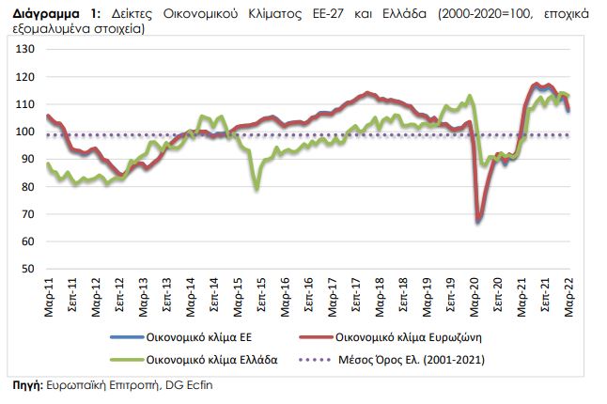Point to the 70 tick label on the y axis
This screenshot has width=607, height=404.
click(29, 213)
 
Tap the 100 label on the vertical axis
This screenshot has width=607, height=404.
click(26, 131)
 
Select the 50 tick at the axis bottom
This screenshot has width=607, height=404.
click(29, 269)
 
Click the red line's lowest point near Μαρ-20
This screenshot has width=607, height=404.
click(478, 221)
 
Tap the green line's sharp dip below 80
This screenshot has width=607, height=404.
click(257, 189)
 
